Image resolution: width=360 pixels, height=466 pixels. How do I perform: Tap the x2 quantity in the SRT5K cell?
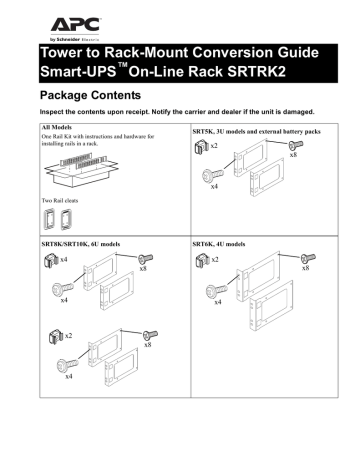(215, 146)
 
